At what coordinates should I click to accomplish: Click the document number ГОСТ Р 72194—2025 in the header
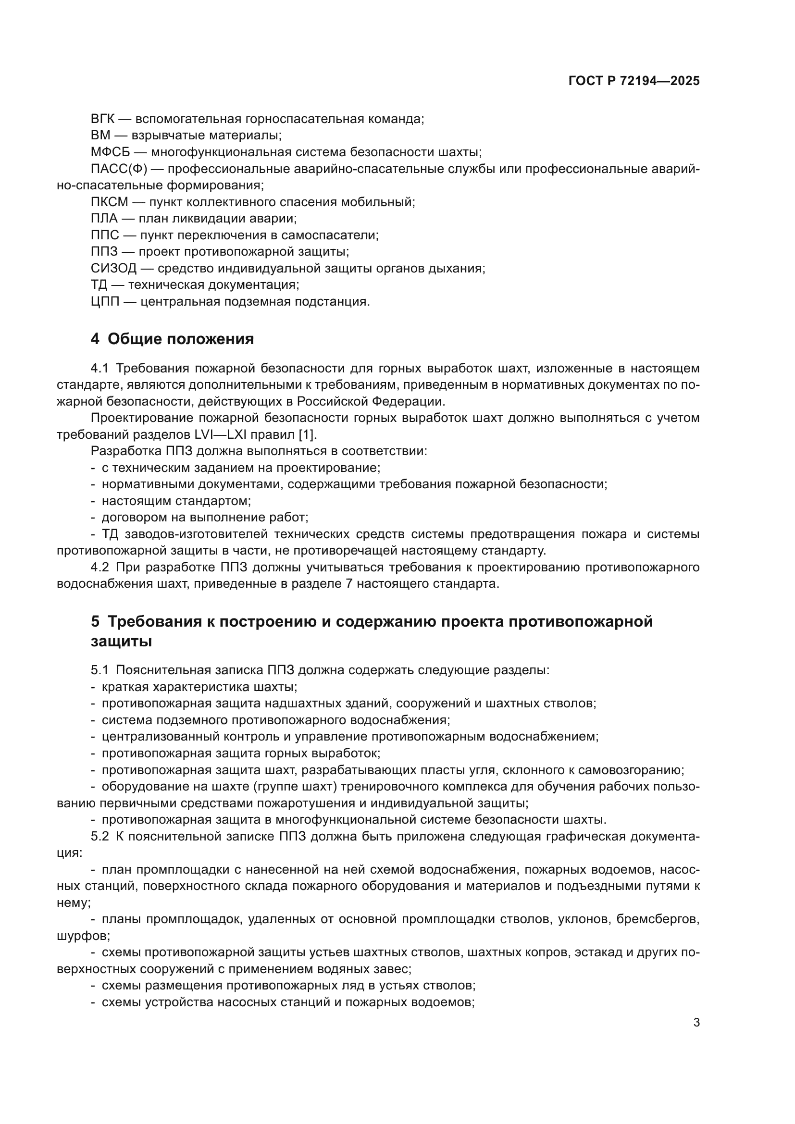click(634, 81)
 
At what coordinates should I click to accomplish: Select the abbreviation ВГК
click(102, 119)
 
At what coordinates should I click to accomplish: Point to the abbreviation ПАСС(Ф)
click(118, 169)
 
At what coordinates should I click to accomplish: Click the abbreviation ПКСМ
click(109, 202)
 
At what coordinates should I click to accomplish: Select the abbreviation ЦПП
click(105, 302)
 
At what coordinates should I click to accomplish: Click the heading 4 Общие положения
click(173, 339)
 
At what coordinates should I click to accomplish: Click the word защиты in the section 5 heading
click(121, 642)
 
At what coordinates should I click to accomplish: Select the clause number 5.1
click(99, 670)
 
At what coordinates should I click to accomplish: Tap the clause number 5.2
click(99, 836)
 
